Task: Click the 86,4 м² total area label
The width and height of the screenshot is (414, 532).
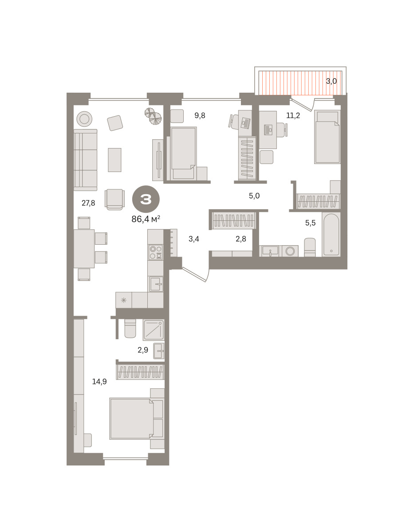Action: click(x=146, y=219)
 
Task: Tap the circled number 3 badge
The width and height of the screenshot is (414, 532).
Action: click(x=146, y=199)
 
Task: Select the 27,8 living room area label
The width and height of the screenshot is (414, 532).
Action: click(x=88, y=203)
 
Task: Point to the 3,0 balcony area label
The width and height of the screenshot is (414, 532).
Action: click(x=331, y=81)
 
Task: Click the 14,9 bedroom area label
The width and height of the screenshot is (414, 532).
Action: click(x=99, y=381)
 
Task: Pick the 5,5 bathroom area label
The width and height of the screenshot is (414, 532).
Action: click(x=310, y=223)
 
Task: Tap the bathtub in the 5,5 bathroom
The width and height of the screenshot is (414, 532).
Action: click(x=331, y=234)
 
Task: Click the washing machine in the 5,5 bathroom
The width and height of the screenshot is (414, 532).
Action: click(x=290, y=251)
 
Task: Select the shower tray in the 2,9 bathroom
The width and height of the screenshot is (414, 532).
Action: click(x=154, y=329)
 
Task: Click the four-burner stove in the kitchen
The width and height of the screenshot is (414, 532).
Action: click(x=156, y=252)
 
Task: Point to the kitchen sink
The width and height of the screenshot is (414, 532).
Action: click(x=156, y=284)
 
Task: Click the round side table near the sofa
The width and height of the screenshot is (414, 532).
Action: click(x=84, y=119)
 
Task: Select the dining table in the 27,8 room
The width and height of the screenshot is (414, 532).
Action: click(x=84, y=249)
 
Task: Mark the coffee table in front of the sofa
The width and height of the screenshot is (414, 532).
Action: click(x=114, y=160)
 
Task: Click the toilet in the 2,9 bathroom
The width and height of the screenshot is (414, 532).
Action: click(x=130, y=328)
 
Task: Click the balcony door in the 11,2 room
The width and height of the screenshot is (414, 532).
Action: click(x=302, y=105)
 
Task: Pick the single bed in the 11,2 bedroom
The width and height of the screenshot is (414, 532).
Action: click(x=327, y=137)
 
